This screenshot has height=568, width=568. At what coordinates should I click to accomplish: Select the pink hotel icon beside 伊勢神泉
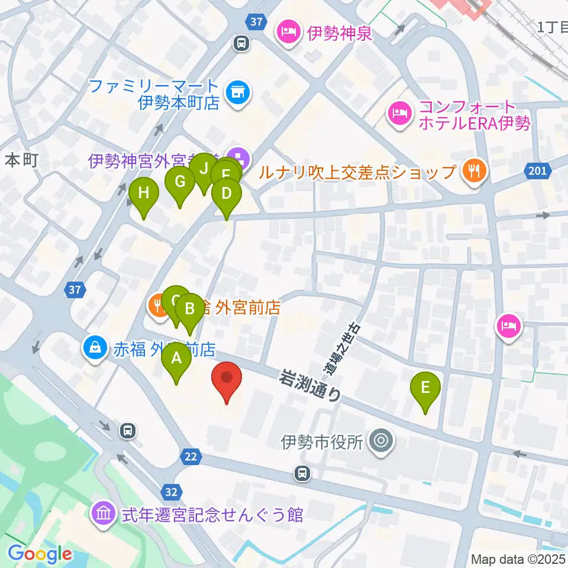click(288, 31)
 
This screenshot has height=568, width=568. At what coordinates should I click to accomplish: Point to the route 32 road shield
click(170, 490)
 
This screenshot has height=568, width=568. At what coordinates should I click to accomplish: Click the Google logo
click(40, 554)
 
